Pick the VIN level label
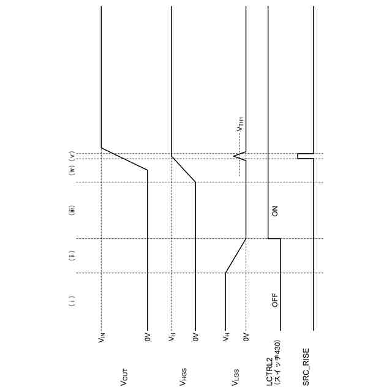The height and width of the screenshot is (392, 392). tap(101, 337)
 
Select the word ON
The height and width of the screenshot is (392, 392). tap(275, 211)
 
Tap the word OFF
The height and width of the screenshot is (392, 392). tap(275, 300)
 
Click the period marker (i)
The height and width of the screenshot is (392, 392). tap(72, 301)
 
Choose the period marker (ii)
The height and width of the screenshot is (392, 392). tap(72, 255)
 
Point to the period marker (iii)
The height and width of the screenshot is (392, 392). tap(72, 212)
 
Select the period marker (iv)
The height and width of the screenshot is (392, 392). tap(72, 170)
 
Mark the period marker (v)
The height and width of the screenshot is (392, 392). tap(72, 156)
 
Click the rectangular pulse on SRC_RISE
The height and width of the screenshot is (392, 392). tap(299, 156)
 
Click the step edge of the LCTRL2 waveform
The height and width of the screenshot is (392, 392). tap(274, 238)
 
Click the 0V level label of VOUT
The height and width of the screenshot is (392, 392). tap(147, 337)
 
